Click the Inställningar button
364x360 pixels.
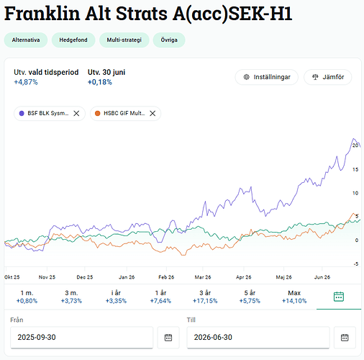(266, 77)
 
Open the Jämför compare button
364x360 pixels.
(328, 77)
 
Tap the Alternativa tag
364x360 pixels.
(26, 40)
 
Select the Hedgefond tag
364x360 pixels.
(73, 40)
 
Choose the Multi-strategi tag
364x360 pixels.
(124, 40)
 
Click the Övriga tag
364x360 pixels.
(169, 40)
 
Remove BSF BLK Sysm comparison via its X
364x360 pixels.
(76, 113)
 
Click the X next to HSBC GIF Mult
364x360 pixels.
(153, 113)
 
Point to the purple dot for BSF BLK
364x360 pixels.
(22, 113)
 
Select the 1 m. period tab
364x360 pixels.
(27, 297)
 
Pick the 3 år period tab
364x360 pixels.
(205, 297)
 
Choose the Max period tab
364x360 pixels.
(294, 297)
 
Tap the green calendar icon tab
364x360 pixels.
(339, 297)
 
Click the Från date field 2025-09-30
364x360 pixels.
(81, 337)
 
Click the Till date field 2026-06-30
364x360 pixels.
(258, 337)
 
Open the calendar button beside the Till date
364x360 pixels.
(345, 338)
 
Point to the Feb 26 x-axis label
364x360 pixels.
(166, 277)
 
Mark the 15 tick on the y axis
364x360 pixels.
(355, 169)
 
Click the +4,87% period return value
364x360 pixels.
(26, 82)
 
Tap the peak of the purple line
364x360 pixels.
(354, 139)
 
